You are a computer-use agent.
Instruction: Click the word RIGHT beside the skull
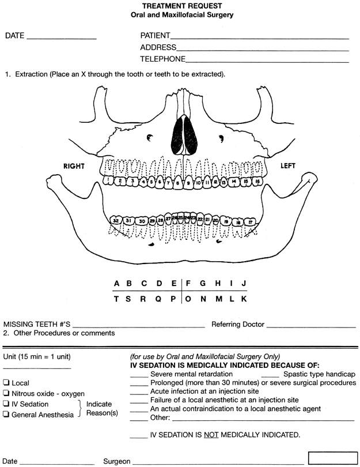(x=74, y=166)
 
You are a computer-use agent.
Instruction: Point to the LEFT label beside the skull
(x=287, y=166)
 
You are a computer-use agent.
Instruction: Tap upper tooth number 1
(x=108, y=180)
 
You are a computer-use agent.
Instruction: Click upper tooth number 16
(x=258, y=181)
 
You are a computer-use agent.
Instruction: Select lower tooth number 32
(x=116, y=220)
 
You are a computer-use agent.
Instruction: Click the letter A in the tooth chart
(x=116, y=283)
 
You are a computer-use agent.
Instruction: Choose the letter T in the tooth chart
(x=116, y=299)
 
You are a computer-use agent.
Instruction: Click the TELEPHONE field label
(x=162, y=59)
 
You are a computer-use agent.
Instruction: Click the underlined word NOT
(x=210, y=435)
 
